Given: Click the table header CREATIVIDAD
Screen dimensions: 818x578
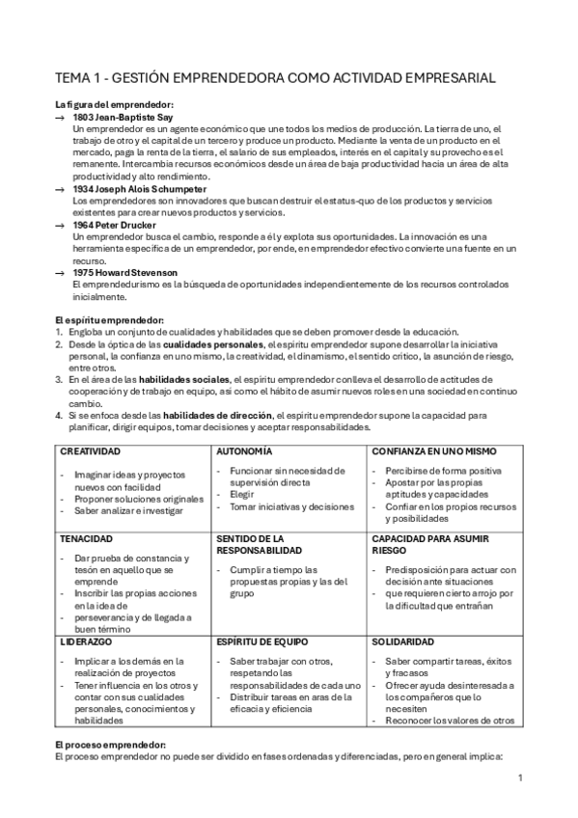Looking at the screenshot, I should pyautogui.click(x=90, y=450).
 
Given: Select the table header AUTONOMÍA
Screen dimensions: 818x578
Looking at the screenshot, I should pyautogui.click(x=244, y=450).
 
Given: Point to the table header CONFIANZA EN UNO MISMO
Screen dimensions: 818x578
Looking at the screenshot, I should pyautogui.click(x=429, y=450).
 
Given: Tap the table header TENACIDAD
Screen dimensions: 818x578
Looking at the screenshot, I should pyautogui.click(x=87, y=538).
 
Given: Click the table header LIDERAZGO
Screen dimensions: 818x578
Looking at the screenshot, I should pyautogui.click(x=87, y=641).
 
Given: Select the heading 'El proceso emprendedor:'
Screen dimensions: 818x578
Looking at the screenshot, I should pyautogui.click(x=110, y=745).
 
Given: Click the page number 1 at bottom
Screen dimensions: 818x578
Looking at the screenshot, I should pyautogui.click(x=519, y=777).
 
